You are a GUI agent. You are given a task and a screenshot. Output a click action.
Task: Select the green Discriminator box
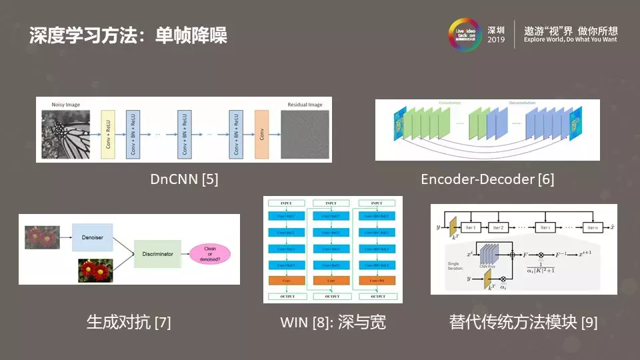(x=157, y=254)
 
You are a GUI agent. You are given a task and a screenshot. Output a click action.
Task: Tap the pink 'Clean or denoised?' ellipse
(x=209, y=254)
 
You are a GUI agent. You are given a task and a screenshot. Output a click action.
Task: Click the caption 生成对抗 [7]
(x=129, y=323)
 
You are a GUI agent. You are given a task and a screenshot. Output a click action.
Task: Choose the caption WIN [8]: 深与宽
(x=333, y=323)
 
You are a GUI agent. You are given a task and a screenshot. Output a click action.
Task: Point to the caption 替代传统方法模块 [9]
(x=523, y=323)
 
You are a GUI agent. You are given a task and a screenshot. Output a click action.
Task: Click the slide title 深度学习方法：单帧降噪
(x=128, y=35)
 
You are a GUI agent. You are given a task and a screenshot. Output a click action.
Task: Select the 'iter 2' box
(x=500, y=227)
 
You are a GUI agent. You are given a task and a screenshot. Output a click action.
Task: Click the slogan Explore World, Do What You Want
(x=570, y=40)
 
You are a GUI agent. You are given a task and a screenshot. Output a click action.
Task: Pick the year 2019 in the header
(x=496, y=40)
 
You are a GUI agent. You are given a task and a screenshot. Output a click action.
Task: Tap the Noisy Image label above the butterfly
(x=65, y=105)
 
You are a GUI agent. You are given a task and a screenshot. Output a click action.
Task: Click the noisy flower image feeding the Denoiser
(x=42, y=236)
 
